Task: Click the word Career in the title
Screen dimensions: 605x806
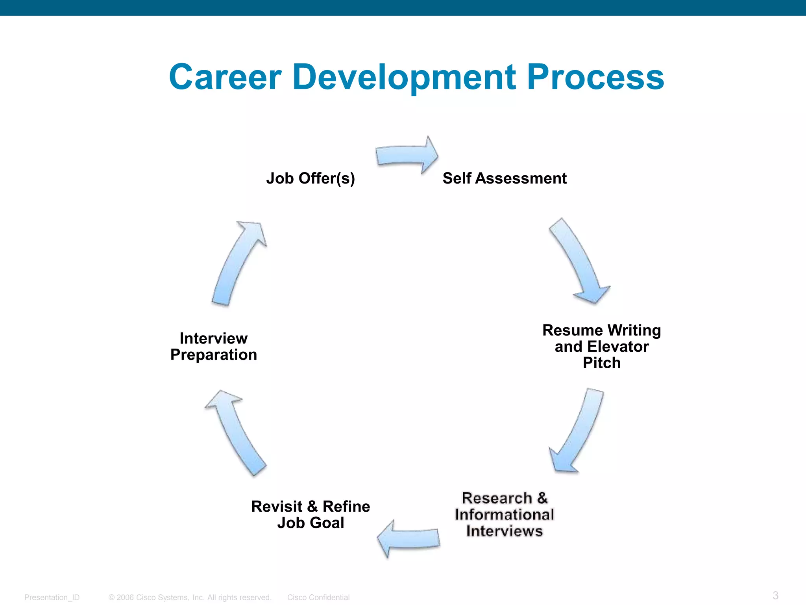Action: [x=225, y=77]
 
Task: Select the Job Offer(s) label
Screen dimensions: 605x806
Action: [x=311, y=178]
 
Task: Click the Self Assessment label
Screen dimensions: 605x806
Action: [x=505, y=178]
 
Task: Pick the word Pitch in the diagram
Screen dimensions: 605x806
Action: [x=601, y=363]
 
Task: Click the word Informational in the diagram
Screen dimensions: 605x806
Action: [x=505, y=514]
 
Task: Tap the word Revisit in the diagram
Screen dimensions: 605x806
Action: [x=277, y=507]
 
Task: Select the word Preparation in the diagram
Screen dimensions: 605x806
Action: [x=214, y=355]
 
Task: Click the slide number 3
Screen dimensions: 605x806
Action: [x=775, y=595]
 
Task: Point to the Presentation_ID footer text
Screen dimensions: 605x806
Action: [x=52, y=598]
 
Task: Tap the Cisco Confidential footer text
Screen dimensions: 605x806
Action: [x=318, y=598]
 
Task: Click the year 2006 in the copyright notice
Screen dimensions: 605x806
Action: [x=125, y=598]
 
